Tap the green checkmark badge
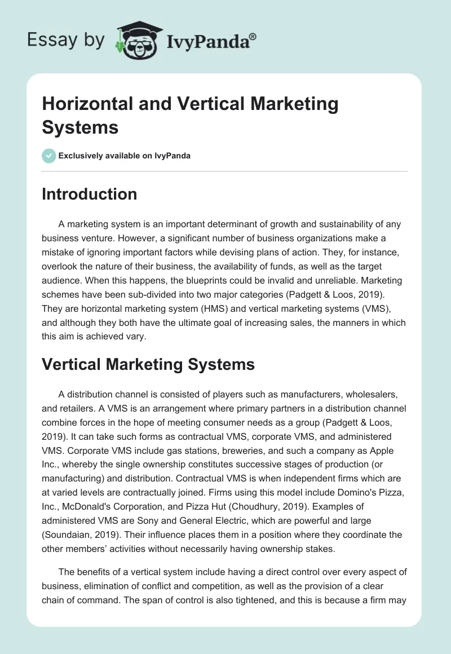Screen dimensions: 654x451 pyautogui.click(x=49, y=156)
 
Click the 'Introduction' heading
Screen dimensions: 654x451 pyautogui.click(x=89, y=194)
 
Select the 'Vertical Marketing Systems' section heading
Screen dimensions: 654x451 pyautogui.click(x=148, y=364)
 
